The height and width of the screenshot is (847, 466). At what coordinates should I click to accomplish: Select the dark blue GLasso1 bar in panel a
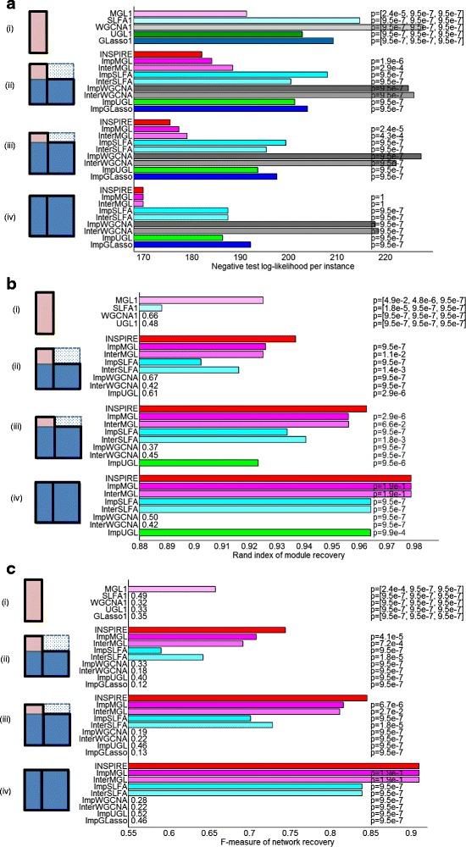[x=234, y=41]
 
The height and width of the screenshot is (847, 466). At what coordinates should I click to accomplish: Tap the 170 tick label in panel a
[x=143, y=257]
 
